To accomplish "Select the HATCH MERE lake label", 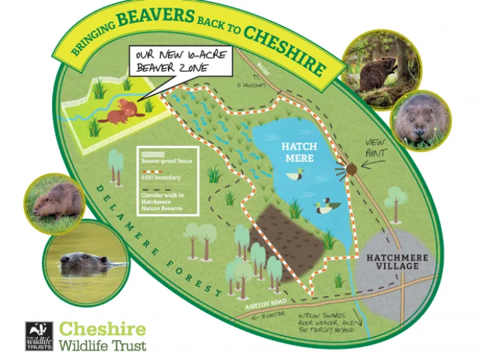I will [x=298, y=152].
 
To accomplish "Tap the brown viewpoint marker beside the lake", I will [x=352, y=171].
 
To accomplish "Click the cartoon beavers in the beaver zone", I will [x=122, y=112].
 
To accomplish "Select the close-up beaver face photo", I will [x=421, y=120].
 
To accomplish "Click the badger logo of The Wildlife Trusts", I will [x=39, y=337].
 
